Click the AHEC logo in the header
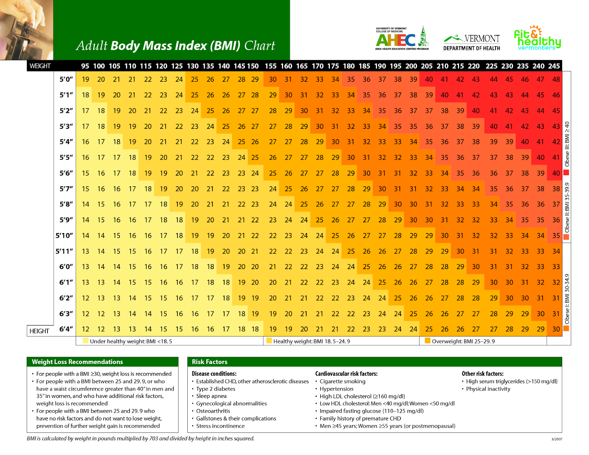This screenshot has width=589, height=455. (x=402, y=39)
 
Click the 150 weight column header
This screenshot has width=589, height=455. (x=253, y=66)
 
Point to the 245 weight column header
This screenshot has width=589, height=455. (x=554, y=66)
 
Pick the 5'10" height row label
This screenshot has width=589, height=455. (x=64, y=236)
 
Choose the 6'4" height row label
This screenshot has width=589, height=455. (x=66, y=329)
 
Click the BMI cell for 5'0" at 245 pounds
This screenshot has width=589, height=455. (x=556, y=80)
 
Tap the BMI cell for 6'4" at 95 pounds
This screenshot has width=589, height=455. (x=85, y=329)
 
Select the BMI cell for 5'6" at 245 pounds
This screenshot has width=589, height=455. (x=556, y=173)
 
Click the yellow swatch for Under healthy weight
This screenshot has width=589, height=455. (x=86, y=341)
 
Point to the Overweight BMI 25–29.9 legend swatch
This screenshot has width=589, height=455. (x=427, y=341)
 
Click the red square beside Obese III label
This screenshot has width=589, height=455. (x=567, y=172)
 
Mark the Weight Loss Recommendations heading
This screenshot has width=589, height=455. (x=77, y=362)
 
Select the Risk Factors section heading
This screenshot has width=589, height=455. (x=209, y=362)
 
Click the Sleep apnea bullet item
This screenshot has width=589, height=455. (x=211, y=396)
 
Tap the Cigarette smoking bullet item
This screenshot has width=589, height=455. (x=342, y=381)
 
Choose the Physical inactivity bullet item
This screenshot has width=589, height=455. (x=488, y=389)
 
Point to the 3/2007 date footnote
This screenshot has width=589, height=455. (x=557, y=439)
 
